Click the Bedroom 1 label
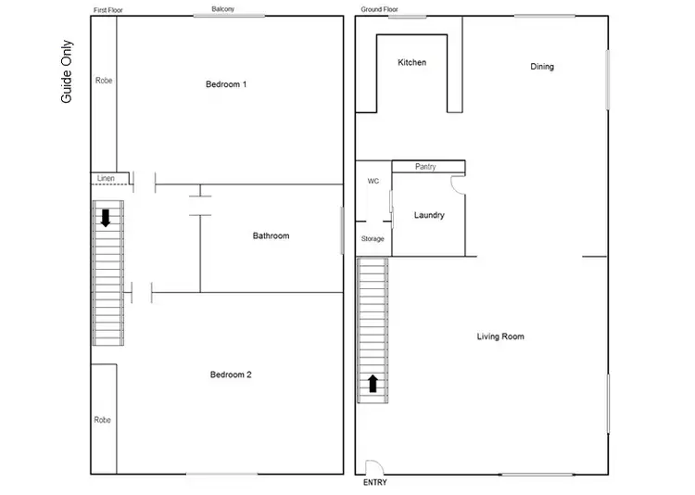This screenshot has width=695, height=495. (x=226, y=84)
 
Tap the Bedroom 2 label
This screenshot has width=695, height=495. (x=231, y=374)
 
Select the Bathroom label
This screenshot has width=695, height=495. (x=271, y=235)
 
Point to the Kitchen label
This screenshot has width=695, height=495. (x=411, y=62)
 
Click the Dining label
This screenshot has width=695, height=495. (x=542, y=67)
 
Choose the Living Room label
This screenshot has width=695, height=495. (x=500, y=336)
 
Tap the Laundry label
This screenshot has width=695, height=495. (x=429, y=215)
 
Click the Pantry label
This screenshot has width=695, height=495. (x=425, y=167)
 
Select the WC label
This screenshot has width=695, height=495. (x=373, y=181)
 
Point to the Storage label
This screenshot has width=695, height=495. (x=373, y=239)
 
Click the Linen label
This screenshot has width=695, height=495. (x=106, y=177)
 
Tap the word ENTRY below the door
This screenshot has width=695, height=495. (x=375, y=483)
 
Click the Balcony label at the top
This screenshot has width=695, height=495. (x=222, y=9)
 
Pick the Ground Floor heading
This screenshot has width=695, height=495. (x=379, y=9)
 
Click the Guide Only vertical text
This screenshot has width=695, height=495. (x=67, y=71)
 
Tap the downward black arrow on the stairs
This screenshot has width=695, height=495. (x=106, y=218)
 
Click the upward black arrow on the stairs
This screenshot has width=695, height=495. (x=373, y=383)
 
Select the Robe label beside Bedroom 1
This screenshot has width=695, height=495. (x=103, y=81)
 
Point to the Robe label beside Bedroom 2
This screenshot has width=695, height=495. (x=102, y=420)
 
